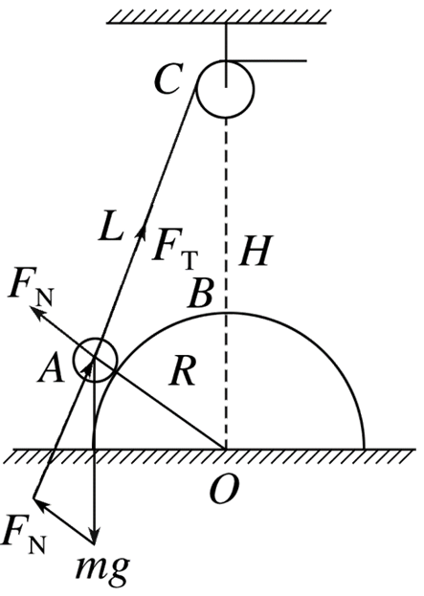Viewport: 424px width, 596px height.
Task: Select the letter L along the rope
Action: (111, 226)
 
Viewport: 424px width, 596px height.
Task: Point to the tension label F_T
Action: (175, 249)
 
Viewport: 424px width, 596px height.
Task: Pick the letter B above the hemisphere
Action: (200, 294)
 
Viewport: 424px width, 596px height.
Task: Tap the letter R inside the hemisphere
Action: (183, 371)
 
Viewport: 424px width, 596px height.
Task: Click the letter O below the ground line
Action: (224, 490)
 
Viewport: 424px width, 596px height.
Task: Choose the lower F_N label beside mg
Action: (24, 540)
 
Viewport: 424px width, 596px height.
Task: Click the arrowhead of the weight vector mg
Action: (95, 540)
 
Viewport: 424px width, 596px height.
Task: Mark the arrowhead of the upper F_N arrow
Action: (35, 312)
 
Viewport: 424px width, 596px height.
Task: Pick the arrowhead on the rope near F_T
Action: (143, 230)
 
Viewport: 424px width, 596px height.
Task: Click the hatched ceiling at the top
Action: (216, 16)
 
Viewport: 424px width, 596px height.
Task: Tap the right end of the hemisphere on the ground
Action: (365, 449)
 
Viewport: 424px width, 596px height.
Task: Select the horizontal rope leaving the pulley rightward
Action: (266, 60)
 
